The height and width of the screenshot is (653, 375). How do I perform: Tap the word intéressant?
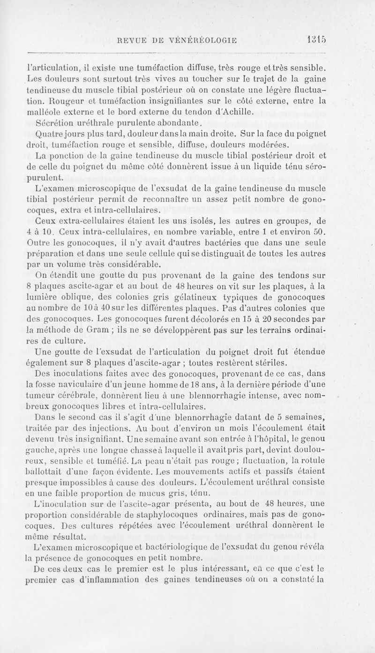click(x=236, y=570)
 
